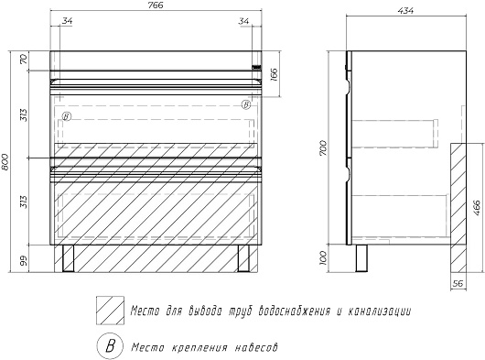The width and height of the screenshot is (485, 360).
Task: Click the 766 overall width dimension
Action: [156, 5]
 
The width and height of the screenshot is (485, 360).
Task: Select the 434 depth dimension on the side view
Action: [405, 10]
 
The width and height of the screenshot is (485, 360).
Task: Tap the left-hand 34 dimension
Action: [67, 21]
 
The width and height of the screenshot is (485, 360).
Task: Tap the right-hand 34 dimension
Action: [243, 21]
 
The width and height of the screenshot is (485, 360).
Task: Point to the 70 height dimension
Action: [24, 59]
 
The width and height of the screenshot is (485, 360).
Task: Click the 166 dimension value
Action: [274, 74]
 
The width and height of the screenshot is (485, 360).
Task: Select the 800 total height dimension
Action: [5, 162]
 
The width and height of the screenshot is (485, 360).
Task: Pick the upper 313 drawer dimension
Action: [24, 115]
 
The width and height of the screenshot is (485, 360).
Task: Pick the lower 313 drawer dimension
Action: [24, 202]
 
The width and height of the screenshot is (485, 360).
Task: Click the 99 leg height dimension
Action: [24, 260]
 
